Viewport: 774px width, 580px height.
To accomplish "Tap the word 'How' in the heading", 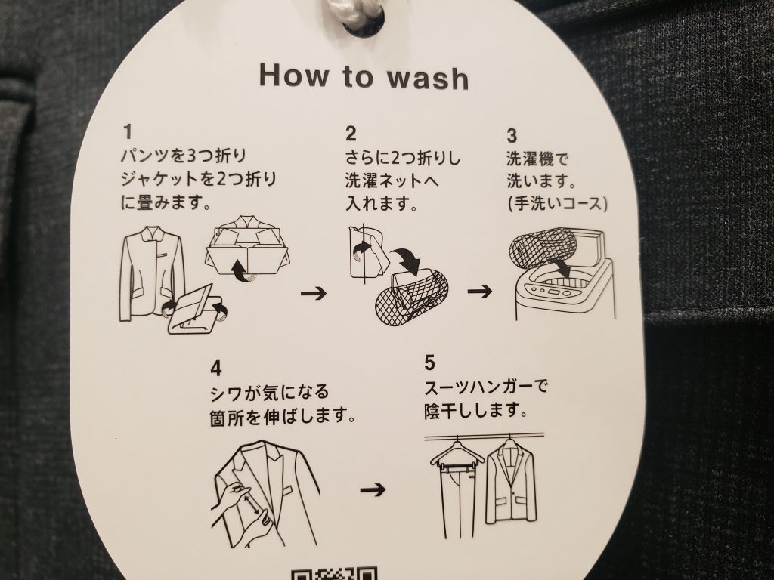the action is click(294, 76).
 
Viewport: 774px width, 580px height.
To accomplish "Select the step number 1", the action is click(128, 132).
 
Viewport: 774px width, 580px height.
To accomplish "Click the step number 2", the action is click(351, 134).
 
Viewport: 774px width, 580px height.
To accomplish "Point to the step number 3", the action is click(512, 136).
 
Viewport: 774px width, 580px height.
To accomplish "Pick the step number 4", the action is click(215, 369).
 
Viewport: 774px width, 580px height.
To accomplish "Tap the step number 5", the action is click(429, 363).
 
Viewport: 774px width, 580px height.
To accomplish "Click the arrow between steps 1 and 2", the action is click(314, 294).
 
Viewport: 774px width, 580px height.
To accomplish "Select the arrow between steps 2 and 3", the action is click(480, 291).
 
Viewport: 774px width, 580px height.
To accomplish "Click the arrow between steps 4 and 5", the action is click(373, 489).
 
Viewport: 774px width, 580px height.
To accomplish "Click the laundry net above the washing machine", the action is click(543, 255).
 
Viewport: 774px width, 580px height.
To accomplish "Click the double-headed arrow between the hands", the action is click(252, 504).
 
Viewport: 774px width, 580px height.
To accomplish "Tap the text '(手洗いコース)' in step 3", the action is click(557, 204).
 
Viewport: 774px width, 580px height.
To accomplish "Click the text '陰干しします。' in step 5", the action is click(475, 411).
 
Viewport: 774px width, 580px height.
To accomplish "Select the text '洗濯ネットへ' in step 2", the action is click(392, 180).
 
